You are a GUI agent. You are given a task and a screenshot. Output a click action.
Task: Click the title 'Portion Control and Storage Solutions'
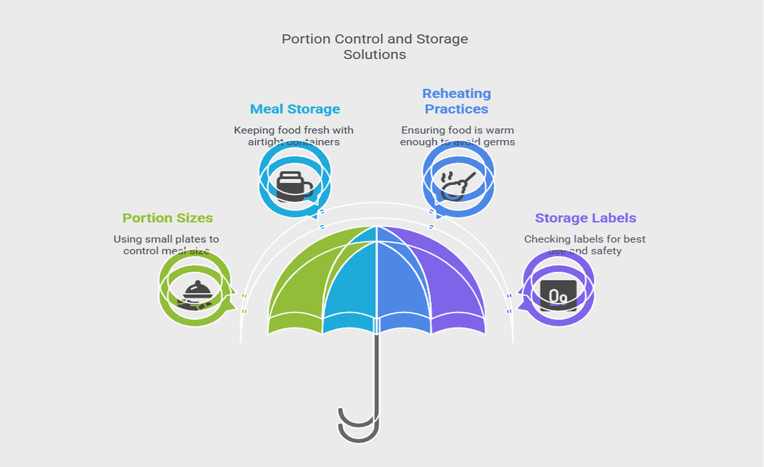375,46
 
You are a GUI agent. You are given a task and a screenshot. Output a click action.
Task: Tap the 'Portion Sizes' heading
168,218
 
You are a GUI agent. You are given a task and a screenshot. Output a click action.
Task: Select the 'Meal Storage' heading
295,109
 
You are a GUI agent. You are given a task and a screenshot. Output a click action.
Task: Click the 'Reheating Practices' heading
457,101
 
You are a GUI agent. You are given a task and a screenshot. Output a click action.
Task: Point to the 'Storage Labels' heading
586,218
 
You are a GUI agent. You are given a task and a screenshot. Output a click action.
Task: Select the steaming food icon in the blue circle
458,184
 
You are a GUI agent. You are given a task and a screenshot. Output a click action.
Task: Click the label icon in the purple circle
558,295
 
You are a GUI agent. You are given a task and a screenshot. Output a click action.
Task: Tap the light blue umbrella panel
351,285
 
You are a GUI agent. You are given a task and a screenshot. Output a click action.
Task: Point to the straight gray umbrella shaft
376,371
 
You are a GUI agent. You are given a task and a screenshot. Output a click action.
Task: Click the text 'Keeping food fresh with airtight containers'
294,136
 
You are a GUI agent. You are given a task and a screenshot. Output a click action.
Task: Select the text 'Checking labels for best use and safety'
585,245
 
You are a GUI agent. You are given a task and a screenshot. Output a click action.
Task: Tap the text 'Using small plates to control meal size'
166,245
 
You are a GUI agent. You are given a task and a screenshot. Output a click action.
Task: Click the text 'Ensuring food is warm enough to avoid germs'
458,136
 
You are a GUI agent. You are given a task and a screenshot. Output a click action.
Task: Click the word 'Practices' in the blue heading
457,109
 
